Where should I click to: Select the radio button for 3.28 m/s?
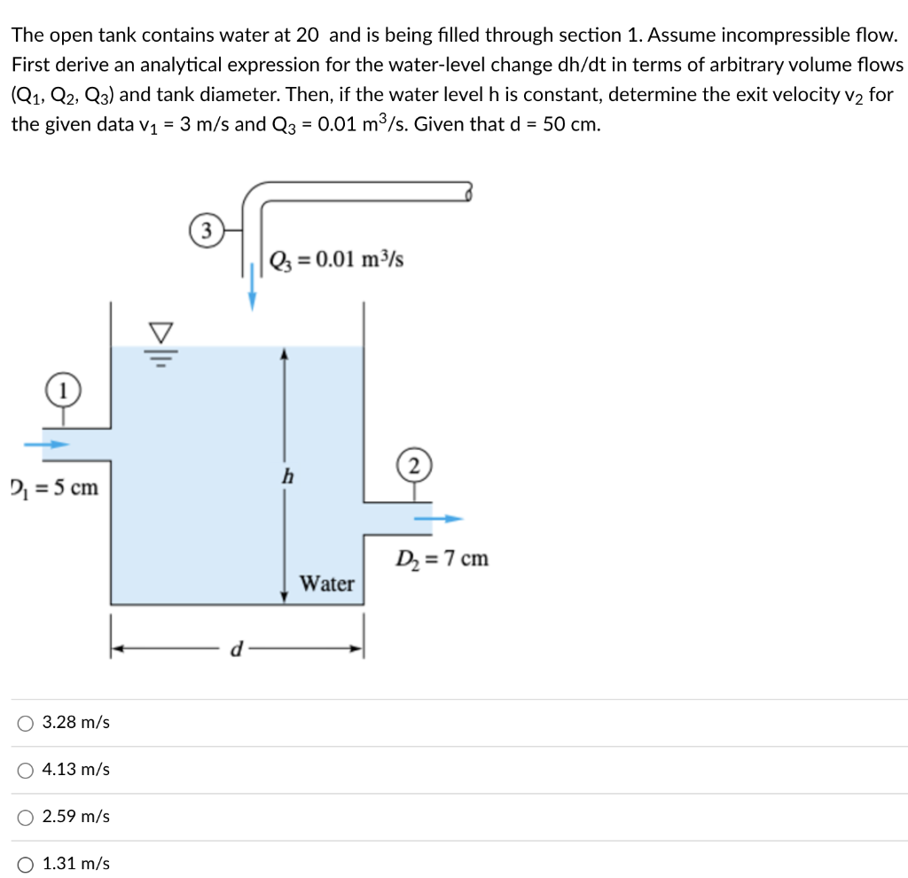25,723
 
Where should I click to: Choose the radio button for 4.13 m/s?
25,770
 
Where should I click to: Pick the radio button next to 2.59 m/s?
25,817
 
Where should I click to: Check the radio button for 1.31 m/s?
25,864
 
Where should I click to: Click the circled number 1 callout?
60,388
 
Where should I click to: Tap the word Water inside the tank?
326,584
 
